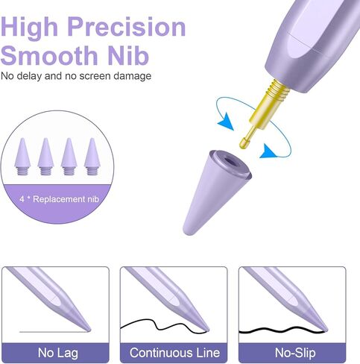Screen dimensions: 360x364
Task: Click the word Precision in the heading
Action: (x=127, y=27)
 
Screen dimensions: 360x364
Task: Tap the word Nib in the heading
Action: (x=128, y=55)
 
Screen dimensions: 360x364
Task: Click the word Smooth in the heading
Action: (x=49, y=55)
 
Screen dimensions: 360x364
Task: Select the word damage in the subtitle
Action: (x=133, y=76)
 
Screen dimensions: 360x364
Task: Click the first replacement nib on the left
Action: (x=22, y=157)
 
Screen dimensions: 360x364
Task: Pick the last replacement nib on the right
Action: (x=92, y=157)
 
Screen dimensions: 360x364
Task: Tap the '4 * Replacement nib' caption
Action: (x=59, y=199)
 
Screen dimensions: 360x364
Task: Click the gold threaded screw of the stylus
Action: (x=279, y=91)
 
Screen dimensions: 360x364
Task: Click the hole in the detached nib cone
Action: (x=230, y=162)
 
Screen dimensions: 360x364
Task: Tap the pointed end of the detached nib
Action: (x=186, y=231)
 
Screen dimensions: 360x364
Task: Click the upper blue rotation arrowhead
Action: (x=226, y=122)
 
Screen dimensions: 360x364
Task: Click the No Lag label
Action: (x=58, y=353)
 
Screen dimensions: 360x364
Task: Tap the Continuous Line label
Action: (x=174, y=353)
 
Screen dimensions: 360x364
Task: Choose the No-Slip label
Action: (x=295, y=353)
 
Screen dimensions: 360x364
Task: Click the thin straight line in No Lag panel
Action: (x=54, y=332)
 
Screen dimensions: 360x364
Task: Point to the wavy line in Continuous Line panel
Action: (x=162, y=326)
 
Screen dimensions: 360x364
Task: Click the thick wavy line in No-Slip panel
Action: (x=282, y=330)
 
